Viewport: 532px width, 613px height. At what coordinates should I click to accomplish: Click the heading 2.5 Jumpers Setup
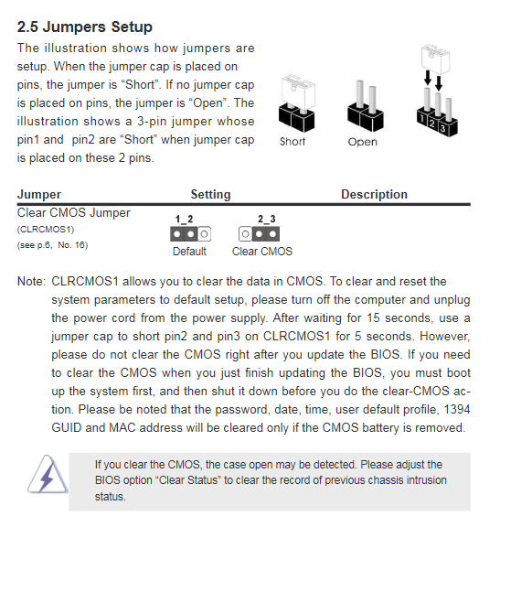pos(84,27)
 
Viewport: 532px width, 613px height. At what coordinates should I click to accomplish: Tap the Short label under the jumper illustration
pos(293,142)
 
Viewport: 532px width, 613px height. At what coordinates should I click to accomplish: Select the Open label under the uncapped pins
pos(363,142)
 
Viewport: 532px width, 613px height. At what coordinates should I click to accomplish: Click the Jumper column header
pos(39,194)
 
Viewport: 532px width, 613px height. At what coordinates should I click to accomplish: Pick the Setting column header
pos(210,194)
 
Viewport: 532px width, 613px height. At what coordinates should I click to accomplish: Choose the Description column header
pos(374,194)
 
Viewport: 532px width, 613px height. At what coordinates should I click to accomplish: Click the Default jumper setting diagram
pos(191,234)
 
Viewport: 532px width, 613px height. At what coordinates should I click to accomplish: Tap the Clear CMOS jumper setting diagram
pos(259,234)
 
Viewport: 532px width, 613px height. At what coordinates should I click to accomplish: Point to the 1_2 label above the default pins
pos(184,220)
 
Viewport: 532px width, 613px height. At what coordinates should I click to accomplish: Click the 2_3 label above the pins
pos(266,220)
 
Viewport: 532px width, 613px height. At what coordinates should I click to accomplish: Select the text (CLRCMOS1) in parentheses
pos(46,230)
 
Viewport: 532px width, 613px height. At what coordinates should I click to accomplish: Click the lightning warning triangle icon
pos(48,474)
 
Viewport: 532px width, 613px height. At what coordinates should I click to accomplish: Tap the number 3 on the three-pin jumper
pos(442,129)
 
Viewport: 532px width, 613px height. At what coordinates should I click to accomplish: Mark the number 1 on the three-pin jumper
pos(421,117)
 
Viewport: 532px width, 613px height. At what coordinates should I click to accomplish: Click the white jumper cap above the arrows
pos(435,59)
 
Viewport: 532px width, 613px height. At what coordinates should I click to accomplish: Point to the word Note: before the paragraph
pos(31,282)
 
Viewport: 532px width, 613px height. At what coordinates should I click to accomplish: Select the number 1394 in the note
pos(457,409)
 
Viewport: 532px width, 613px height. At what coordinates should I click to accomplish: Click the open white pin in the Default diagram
pos(204,234)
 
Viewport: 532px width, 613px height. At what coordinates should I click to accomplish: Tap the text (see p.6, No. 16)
pos(52,245)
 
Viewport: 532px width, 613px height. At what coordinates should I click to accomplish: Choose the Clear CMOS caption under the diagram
pos(262,252)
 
